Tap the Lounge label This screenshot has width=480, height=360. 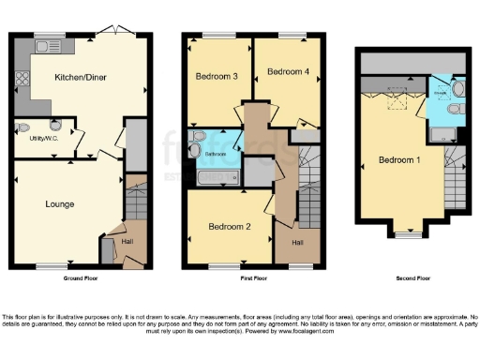(x=59, y=203)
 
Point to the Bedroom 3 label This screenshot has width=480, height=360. (x=215, y=76)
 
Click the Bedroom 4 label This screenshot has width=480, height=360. (x=287, y=71)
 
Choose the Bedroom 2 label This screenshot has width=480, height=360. (x=228, y=226)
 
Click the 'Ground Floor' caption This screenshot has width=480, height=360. (x=82, y=278)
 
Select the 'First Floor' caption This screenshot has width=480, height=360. (x=247, y=278)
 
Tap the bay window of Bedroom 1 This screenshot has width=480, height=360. (x=409, y=234)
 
